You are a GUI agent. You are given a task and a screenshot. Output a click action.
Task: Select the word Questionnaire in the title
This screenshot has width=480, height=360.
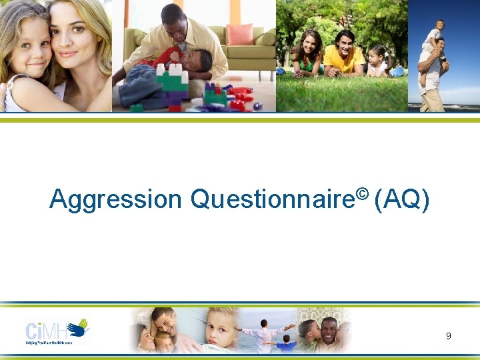(x=273, y=199)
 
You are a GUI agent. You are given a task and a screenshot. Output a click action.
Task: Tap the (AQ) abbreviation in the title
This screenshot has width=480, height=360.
(x=402, y=199)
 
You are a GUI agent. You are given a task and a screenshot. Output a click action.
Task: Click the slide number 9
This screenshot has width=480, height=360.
(x=449, y=336)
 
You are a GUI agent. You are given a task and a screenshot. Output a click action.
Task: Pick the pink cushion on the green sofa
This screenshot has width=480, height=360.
(x=239, y=34)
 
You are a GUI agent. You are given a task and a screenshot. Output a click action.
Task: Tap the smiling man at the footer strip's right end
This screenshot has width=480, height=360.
(x=329, y=329)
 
